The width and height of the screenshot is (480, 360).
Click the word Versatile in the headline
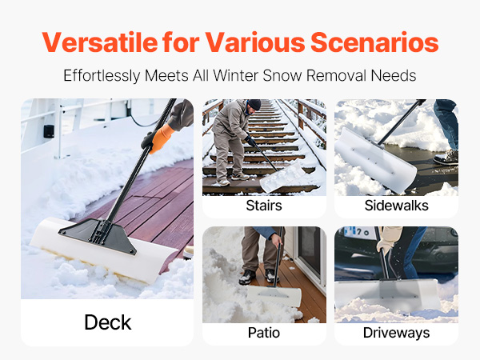click(x=100, y=42)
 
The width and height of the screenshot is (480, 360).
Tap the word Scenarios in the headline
click(x=374, y=42)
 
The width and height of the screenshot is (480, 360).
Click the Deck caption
click(x=108, y=322)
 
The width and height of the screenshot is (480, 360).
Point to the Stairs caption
click(x=264, y=206)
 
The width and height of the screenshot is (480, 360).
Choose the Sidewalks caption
click(x=397, y=206)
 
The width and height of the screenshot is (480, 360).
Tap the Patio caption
click(x=264, y=333)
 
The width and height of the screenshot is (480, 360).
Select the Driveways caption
click(x=397, y=333)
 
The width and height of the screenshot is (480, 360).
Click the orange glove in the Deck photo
click(x=162, y=138)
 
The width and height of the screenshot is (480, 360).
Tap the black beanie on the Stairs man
click(x=254, y=104)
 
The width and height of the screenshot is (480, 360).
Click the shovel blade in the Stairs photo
click(x=282, y=178)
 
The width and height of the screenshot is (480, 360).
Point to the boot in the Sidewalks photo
click(x=447, y=158)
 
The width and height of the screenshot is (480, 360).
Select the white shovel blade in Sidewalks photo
click(x=375, y=161)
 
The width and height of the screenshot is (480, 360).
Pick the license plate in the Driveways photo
click(x=358, y=233)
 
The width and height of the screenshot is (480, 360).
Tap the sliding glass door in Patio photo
click(x=310, y=254)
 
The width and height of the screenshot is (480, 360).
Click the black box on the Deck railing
click(x=49, y=131)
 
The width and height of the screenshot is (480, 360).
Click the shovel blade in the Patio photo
click(x=274, y=295)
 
